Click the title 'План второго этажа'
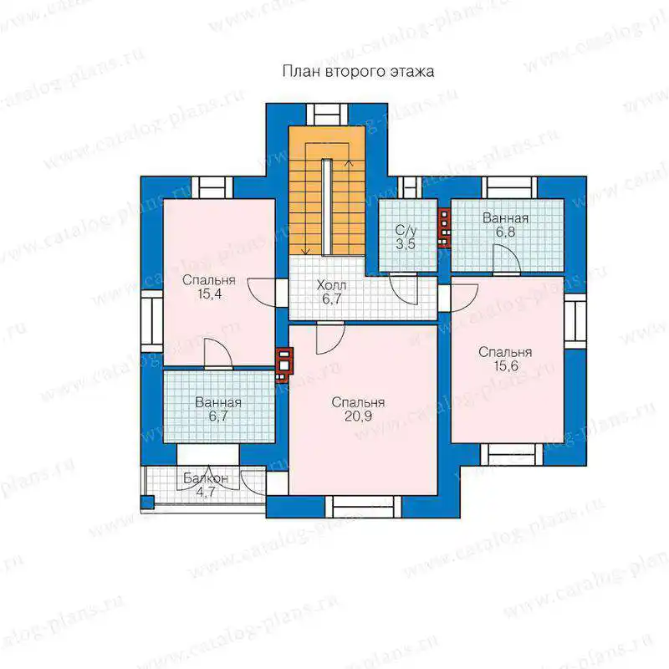click(359, 71)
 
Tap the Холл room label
click(331, 285)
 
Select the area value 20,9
click(358, 416)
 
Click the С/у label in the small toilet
click(406, 231)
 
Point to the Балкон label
click(206, 478)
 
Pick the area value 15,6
click(506, 365)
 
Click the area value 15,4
click(210, 294)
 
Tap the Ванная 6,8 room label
click(506, 225)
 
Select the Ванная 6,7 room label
click(218, 409)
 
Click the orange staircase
click(327, 191)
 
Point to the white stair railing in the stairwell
click(327, 206)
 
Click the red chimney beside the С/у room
click(444, 227)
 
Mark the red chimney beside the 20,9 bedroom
click(284, 365)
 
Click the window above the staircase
click(327, 115)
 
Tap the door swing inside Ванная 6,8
click(507, 258)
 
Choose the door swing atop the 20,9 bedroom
click(330, 339)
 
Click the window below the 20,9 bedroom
click(363, 507)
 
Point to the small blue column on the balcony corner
click(147, 503)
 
